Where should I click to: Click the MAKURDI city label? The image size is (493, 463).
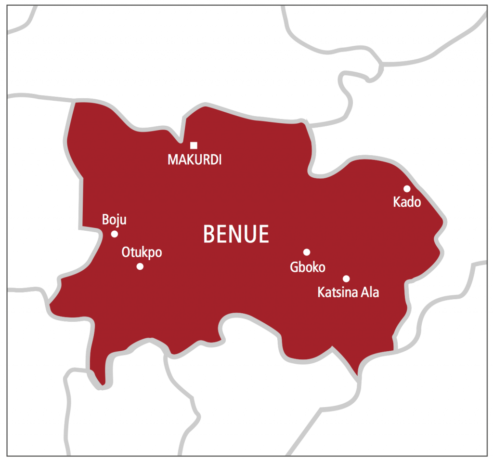pos(195,160)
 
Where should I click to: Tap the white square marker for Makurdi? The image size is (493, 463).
pos(194,146)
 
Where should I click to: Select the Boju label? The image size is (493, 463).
pos(114,220)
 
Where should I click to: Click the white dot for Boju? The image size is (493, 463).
pos(115,234)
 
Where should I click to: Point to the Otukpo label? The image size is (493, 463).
pos(142,252)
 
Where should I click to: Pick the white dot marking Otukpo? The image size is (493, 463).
pos(140,266)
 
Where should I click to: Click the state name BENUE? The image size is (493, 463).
pos(236,234)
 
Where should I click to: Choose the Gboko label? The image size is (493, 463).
pos(308,267)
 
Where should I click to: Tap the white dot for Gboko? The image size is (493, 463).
pos(307,252)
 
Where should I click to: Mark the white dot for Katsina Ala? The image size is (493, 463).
pos(346,278)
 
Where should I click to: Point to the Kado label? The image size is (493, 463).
pos(407,202)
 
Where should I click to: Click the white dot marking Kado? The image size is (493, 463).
pos(407,188)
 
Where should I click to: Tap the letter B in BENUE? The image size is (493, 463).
pos(208,234)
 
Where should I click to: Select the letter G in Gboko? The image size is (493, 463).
pos(294,267)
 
